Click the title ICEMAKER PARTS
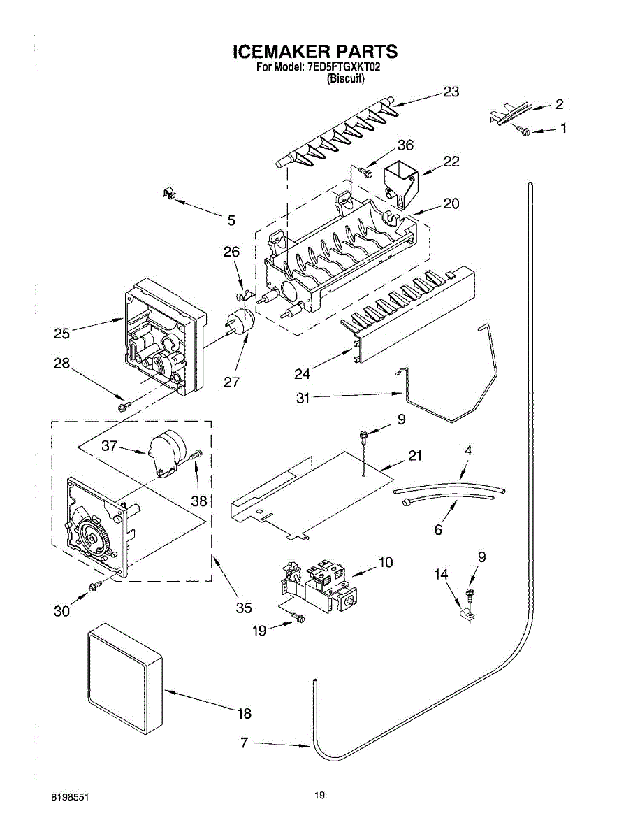tap(314, 52)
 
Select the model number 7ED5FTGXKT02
tap(342, 68)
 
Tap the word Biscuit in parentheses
tap(346, 80)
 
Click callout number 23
tap(451, 92)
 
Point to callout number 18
tap(244, 714)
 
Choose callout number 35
tap(243, 608)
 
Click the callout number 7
tap(244, 743)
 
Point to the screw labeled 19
tap(299, 617)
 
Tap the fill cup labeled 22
tap(400, 181)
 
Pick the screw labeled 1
tap(523, 130)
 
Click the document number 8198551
tap(69, 797)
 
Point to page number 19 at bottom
tap(319, 795)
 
